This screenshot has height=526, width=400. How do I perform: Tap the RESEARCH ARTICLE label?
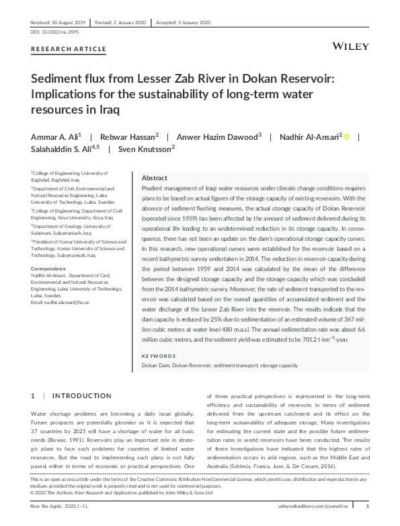(69, 50)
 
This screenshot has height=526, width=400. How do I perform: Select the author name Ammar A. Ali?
(54, 136)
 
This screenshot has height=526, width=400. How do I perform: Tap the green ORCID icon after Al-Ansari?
(347, 137)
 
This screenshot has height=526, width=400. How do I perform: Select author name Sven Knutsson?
(144, 149)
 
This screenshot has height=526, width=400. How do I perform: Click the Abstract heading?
(154, 178)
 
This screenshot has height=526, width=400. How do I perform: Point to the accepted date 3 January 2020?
(188, 22)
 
